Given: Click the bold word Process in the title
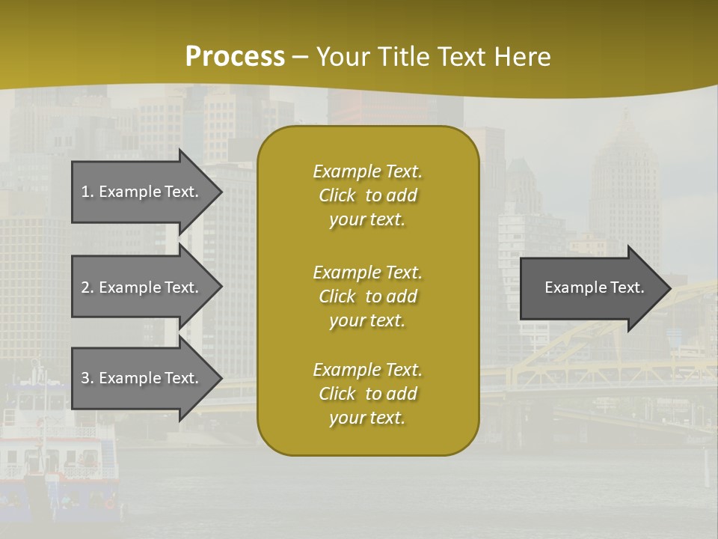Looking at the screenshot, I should (235, 57).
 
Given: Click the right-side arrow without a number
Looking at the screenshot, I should (591, 288).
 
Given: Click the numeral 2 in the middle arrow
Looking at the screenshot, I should (85, 287).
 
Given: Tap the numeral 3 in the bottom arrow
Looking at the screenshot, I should (85, 378).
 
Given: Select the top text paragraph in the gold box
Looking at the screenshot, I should (367, 195).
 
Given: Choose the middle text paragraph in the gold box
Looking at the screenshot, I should (367, 296).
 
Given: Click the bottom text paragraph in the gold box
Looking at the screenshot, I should (367, 394).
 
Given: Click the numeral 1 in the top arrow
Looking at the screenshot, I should (85, 192).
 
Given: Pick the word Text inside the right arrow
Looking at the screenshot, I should (627, 287).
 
